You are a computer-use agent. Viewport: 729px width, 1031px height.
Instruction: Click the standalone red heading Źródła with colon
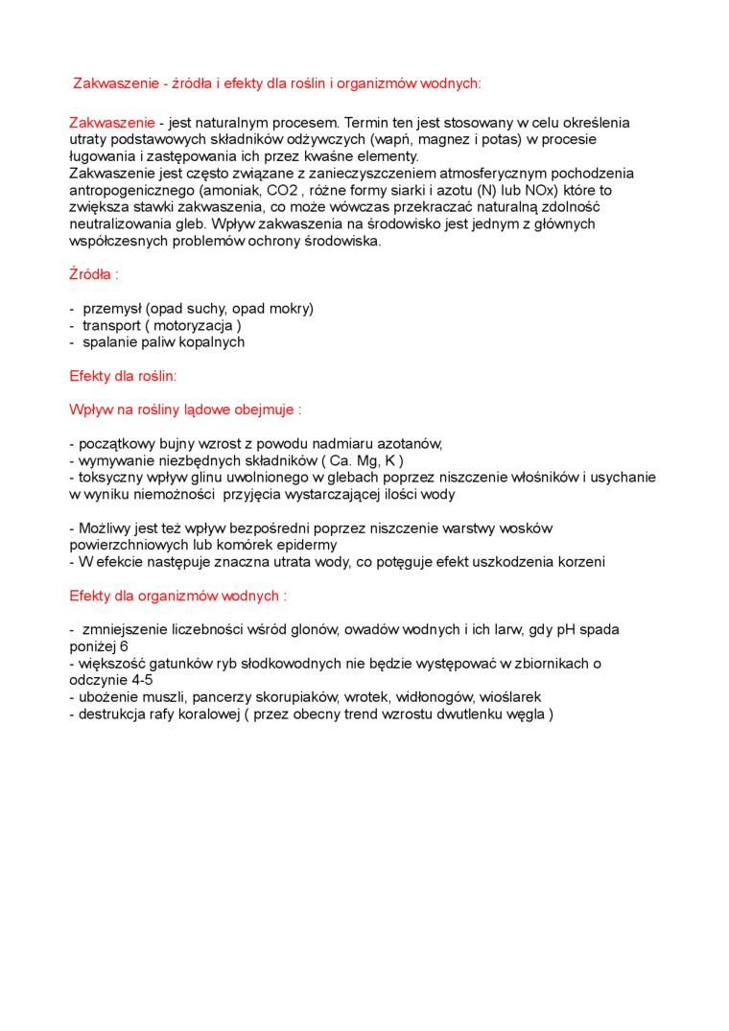click(x=94, y=274)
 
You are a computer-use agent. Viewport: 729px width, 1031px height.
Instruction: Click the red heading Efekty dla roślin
click(x=123, y=377)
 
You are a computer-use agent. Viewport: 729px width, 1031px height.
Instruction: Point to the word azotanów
click(x=410, y=444)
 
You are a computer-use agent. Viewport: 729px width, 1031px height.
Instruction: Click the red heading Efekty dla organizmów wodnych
click(x=177, y=596)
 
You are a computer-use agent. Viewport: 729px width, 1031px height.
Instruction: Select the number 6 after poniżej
click(x=125, y=647)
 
